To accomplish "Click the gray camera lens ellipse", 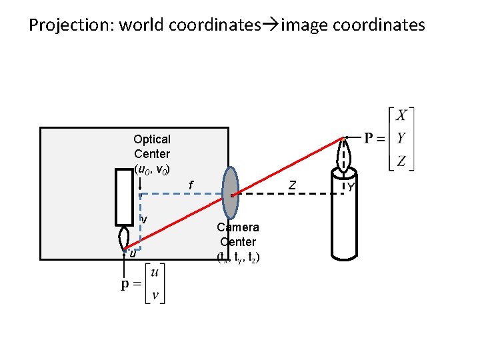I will click(x=230, y=193).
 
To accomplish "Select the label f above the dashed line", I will click(x=191, y=185).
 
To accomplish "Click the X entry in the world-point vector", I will click(x=401, y=115).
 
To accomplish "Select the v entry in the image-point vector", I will click(x=155, y=295).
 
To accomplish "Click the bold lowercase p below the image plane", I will click(x=125, y=285).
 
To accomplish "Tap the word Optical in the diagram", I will click(x=152, y=139).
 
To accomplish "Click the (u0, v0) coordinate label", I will click(x=156, y=169).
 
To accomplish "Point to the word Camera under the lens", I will click(x=237, y=227).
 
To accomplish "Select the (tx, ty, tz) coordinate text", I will click(x=238, y=257).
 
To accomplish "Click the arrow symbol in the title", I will click(x=270, y=26).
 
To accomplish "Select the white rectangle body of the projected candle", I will click(x=124, y=197).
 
